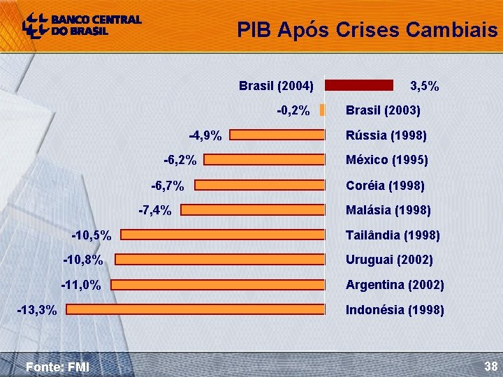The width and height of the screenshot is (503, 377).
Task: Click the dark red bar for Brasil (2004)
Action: tap(359, 85)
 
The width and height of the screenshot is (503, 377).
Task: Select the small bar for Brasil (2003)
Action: tap(322, 110)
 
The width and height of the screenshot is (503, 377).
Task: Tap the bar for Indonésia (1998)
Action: tap(196, 309)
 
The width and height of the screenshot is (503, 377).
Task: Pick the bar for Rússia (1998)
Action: tap(277, 135)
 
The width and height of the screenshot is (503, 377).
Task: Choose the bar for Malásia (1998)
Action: tap(253, 209)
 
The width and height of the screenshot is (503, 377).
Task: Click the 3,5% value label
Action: tap(425, 86)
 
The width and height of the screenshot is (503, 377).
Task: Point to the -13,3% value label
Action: tap(37, 310)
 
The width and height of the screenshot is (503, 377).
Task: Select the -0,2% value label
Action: tap(293, 110)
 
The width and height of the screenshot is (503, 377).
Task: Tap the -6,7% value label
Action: tap(168, 186)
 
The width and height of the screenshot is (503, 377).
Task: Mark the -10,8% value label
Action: tap(83, 260)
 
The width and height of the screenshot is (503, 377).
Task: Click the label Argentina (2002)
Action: tap(395, 285)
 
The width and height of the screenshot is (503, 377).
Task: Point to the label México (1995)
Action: tap(387, 160)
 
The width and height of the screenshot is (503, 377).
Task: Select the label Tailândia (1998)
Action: tap(393, 235)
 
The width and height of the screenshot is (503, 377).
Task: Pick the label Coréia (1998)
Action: tap(385, 185)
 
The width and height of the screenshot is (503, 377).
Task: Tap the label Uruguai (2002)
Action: tap(389, 260)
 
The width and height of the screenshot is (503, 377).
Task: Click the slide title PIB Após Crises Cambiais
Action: tap(367, 30)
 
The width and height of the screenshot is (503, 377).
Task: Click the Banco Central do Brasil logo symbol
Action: tap(36, 25)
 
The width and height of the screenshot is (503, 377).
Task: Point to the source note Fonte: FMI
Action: tap(57, 367)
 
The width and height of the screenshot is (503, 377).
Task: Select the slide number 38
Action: tap(491, 366)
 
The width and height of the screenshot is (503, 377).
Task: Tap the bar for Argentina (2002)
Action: tap(218, 285)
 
